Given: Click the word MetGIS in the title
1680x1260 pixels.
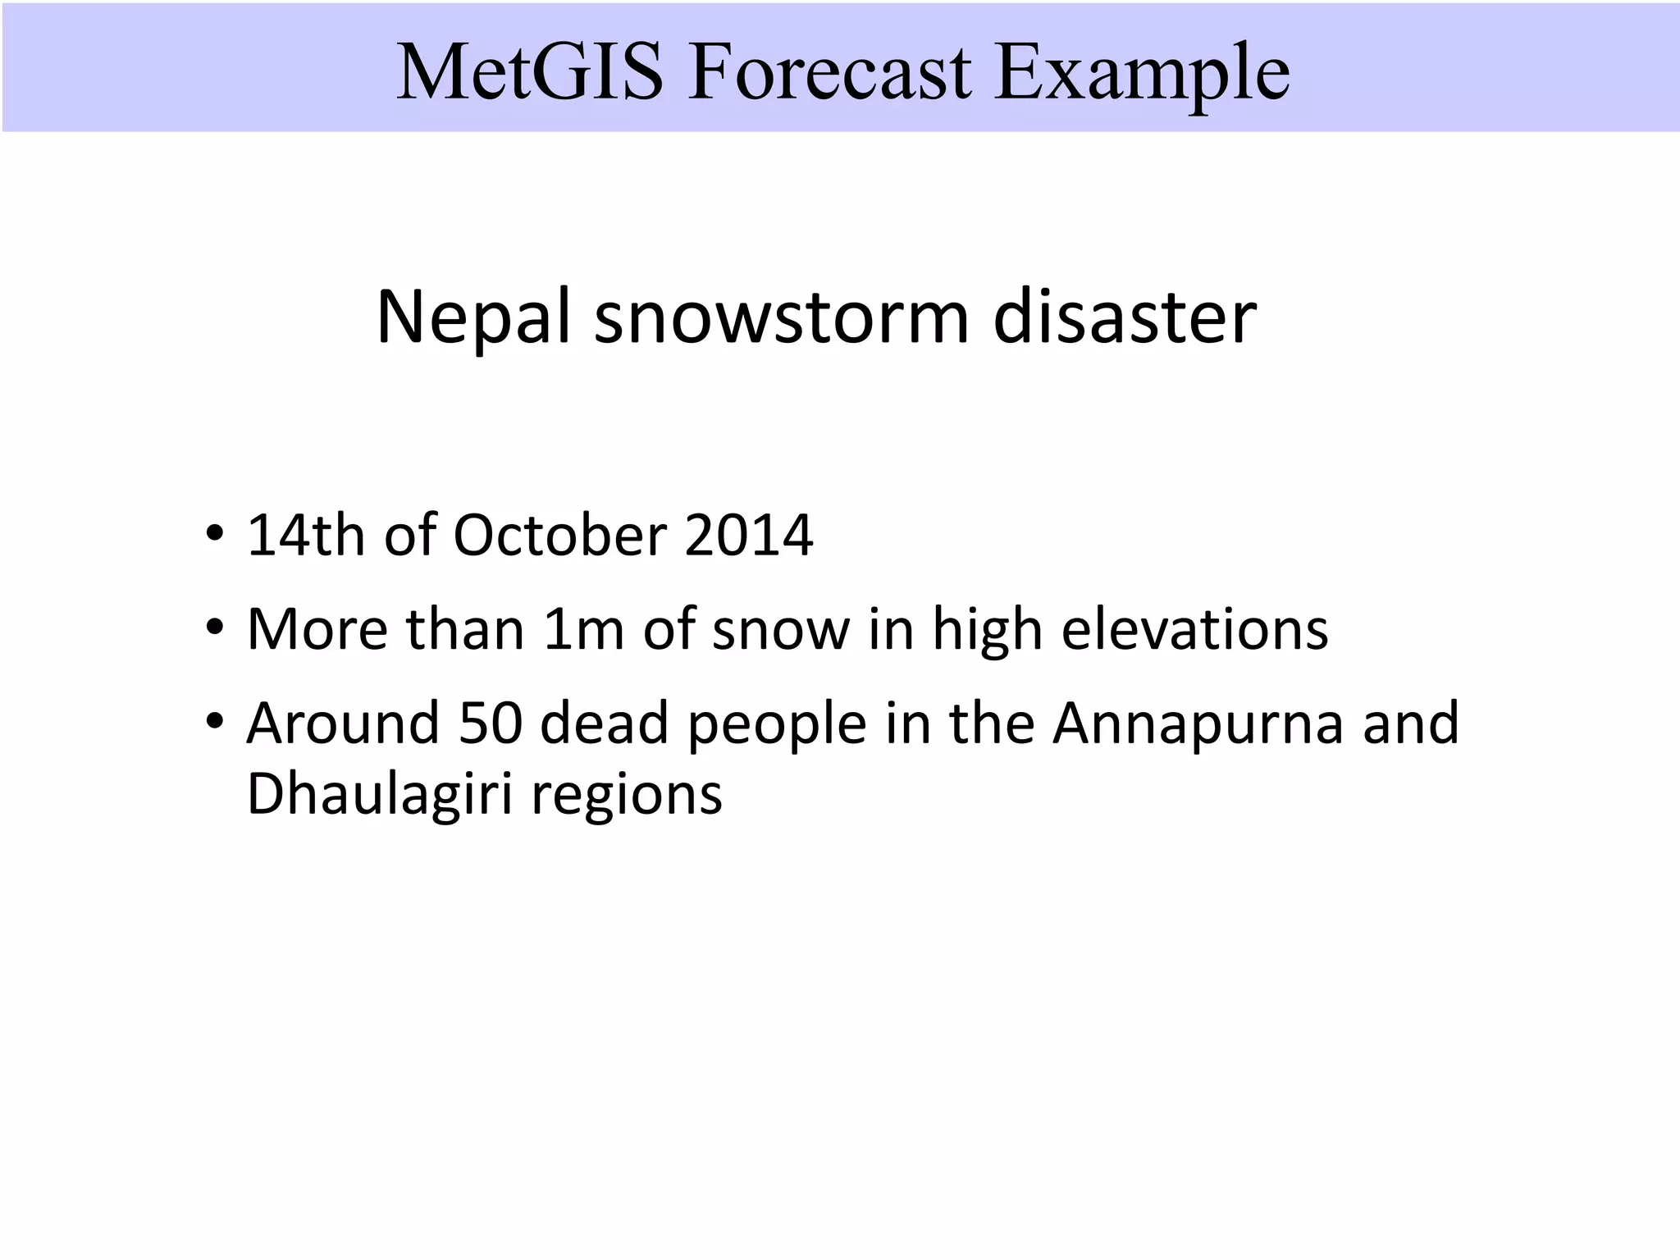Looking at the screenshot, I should (529, 72).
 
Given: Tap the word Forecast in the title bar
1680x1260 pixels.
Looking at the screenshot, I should (829, 72).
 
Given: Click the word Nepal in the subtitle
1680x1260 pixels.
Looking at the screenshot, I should (472, 318).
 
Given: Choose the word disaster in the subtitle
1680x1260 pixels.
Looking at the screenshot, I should (1125, 318).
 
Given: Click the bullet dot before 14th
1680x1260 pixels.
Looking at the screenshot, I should (215, 533).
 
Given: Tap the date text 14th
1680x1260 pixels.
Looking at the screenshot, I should (305, 535).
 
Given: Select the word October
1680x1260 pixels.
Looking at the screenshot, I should (560, 535).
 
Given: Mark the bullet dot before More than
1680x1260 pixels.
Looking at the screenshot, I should (215, 628).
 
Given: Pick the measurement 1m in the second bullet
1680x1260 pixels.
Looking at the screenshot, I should (583, 629).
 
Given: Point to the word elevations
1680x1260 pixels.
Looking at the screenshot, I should (1194, 629).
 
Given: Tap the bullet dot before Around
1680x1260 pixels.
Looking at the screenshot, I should (215, 722).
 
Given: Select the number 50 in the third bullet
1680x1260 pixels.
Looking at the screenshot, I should (491, 724).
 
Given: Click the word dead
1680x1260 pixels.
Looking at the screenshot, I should (604, 724).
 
